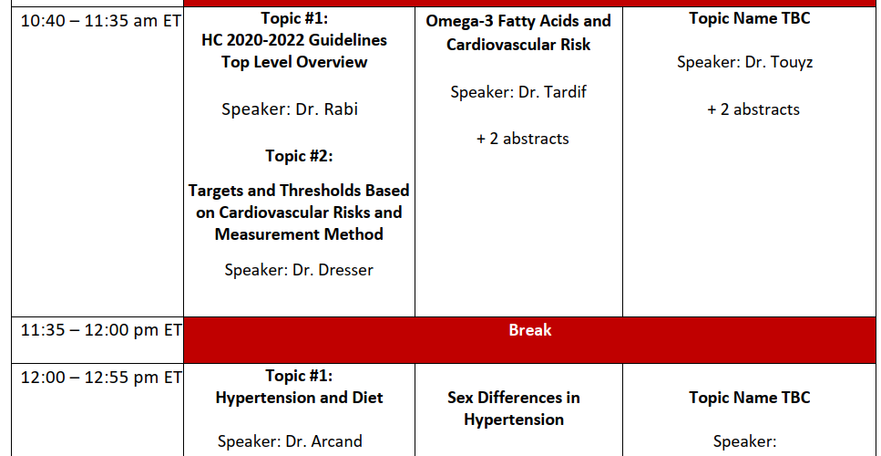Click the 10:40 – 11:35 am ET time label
coord(101,21)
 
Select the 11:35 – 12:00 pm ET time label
coord(101,330)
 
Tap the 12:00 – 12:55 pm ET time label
coord(101,378)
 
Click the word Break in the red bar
coord(530,330)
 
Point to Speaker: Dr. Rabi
coord(290,109)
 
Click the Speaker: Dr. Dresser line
coord(298,270)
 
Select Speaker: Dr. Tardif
coord(518,92)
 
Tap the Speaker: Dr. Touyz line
coord(744,62)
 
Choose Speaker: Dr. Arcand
coord(290,441)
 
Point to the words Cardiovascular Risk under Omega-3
coord(518,45)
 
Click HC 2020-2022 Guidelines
coord(294,40)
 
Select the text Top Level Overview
coord(294,62)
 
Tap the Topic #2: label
coord(299,156)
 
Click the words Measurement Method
coord(299,234)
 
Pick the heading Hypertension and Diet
coord(299,398)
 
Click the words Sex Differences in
coord(514,398)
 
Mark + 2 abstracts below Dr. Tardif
coord(523,139)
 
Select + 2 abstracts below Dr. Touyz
coord(753,109)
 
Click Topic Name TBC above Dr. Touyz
coord(750,18)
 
